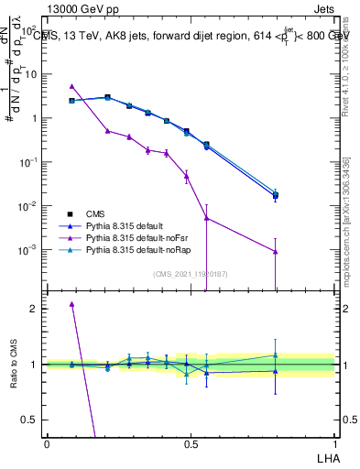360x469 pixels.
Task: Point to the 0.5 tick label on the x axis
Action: (190, 443)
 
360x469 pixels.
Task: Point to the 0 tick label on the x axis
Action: (47, 443)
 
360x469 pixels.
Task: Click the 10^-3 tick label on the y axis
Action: (27, 250)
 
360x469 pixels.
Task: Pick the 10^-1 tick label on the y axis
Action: (27, 162)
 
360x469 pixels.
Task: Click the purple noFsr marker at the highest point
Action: (72, 86)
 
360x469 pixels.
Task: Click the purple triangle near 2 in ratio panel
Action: (72, 304)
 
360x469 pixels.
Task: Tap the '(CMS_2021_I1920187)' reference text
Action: (190, 274)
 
